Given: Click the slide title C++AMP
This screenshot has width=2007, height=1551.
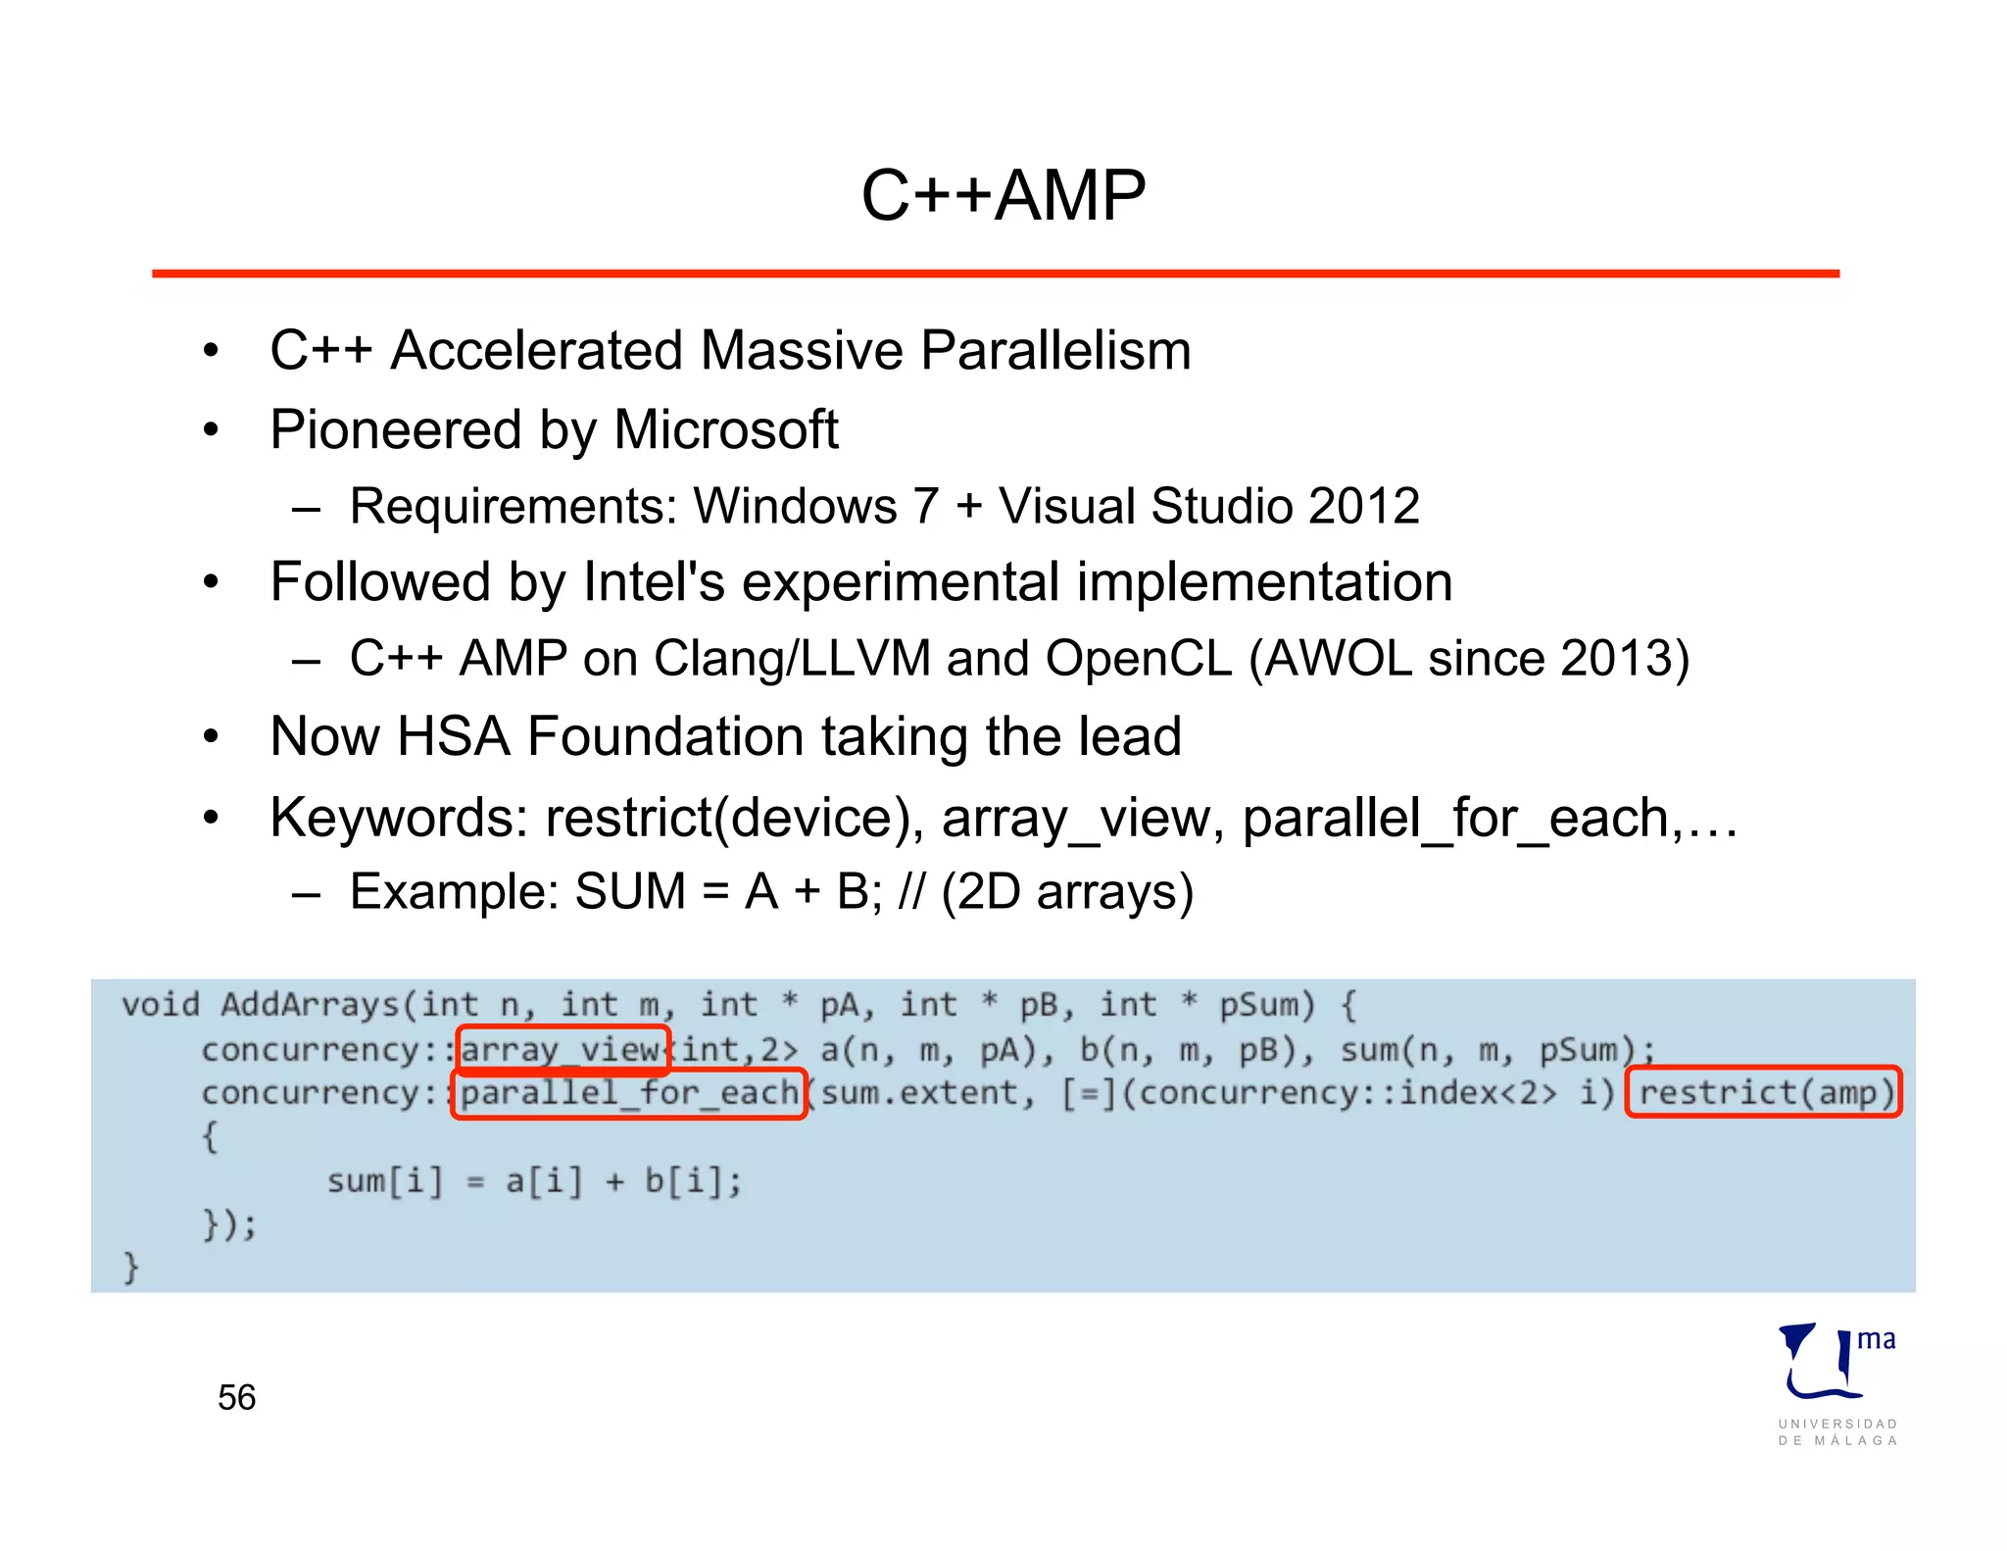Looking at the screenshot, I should (x=1003, y=195).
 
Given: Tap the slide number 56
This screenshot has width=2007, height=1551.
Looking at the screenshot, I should (x=236, y=1397).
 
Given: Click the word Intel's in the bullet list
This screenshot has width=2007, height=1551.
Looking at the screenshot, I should (x=654, y=582).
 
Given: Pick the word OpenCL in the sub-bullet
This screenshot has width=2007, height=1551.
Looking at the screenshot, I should (x=1138, y=659).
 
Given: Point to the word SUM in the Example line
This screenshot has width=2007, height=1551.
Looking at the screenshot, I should (x=630, y=892).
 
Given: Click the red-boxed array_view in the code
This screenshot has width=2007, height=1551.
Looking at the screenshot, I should (x=562, y=1050).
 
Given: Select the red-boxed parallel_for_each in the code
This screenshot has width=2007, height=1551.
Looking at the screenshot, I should (x=629, y=1093).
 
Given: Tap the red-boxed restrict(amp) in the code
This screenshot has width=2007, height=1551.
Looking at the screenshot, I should (x=1764, y=1092).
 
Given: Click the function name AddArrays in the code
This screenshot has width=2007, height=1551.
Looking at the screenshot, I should (x=310, y=1005).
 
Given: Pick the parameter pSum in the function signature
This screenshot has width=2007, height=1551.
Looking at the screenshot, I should (x=1266, y=1006).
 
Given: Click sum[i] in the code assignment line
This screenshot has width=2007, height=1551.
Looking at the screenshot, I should (x=384, y=1181).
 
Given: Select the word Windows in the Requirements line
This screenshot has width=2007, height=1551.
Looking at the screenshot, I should (x=796, y=507).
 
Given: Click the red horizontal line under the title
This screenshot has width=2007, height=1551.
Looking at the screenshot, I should (x=995, y=274).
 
